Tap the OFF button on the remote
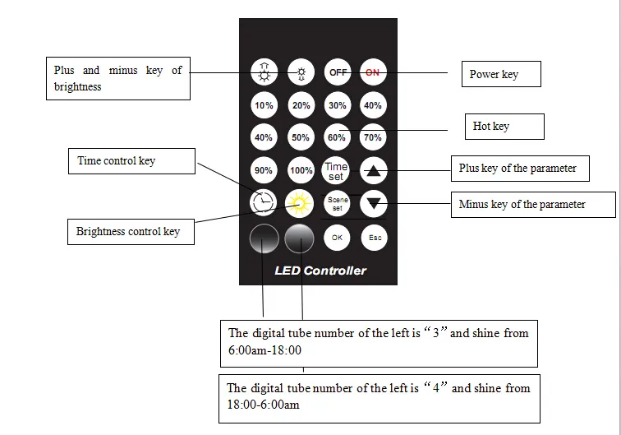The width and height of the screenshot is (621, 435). tap(337, 72)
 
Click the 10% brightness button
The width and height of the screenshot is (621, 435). tap(264, 105)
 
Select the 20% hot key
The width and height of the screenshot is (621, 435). tap(301, 105)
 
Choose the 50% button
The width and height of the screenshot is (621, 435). tap(301, 137)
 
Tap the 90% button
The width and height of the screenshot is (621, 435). tap(264, 170)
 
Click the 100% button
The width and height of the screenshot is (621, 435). tap(301, 170)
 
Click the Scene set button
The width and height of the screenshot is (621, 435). tap(337, 202)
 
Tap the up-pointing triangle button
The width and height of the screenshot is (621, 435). tap(374, 171)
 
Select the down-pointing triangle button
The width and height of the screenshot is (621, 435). tap(374, 202)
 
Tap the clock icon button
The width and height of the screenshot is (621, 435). tap(264, 201)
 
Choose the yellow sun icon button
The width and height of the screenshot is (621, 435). tap(300, 201)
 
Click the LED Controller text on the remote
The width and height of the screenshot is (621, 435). tap(320, 270)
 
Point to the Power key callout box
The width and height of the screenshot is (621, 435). tap(500, 74)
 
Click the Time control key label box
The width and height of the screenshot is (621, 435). tap(131, 161)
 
